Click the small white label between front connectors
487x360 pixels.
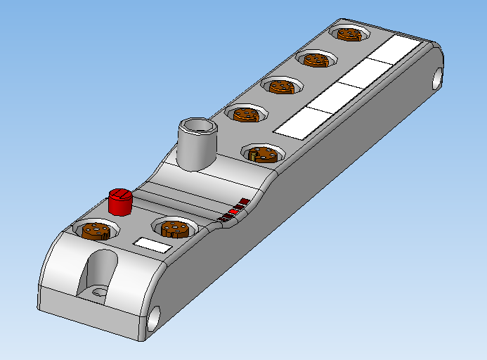click(x=152, y=245)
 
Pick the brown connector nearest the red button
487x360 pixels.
click(x=96, y=231)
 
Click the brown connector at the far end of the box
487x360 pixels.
click(x=349, y=33)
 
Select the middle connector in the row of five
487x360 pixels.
click(x=281, y=86)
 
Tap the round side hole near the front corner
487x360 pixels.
click(x=155, y=319)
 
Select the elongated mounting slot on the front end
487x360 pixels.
click(x=100, y=272)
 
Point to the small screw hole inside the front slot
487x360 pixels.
click(x=99, y=290)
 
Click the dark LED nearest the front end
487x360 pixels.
click(x=222, y=219)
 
